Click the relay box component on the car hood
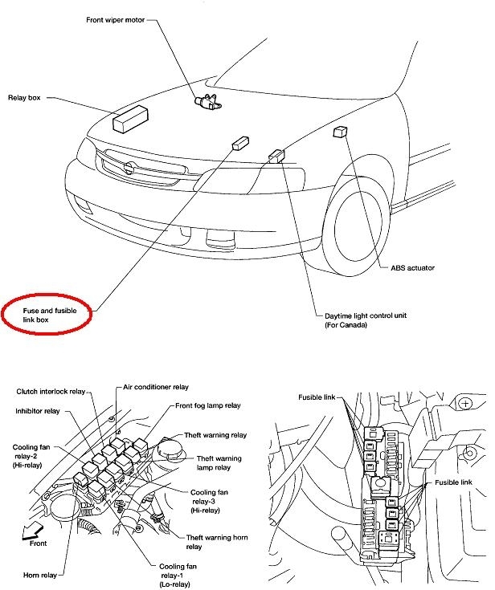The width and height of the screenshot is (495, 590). pyautogui.click(x=129, y=118)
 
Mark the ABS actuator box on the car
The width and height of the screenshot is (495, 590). pyautogui.click(x=339, y=130)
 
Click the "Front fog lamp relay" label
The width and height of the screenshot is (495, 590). pyautogui.click(x=209, y=406)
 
